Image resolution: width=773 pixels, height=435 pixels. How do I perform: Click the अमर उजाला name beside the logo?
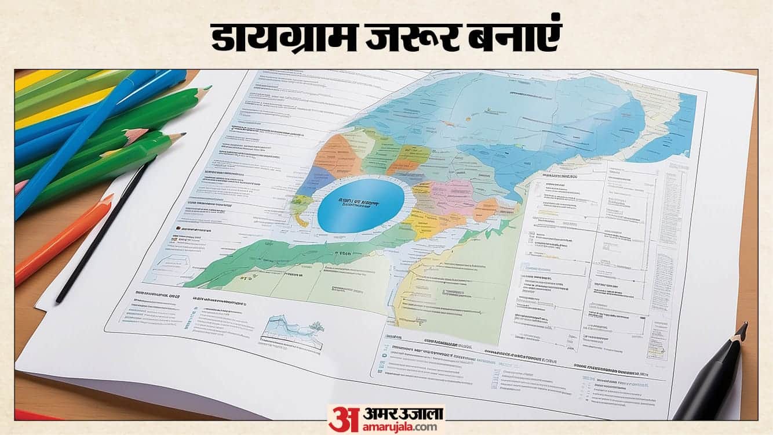coord(397,413)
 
